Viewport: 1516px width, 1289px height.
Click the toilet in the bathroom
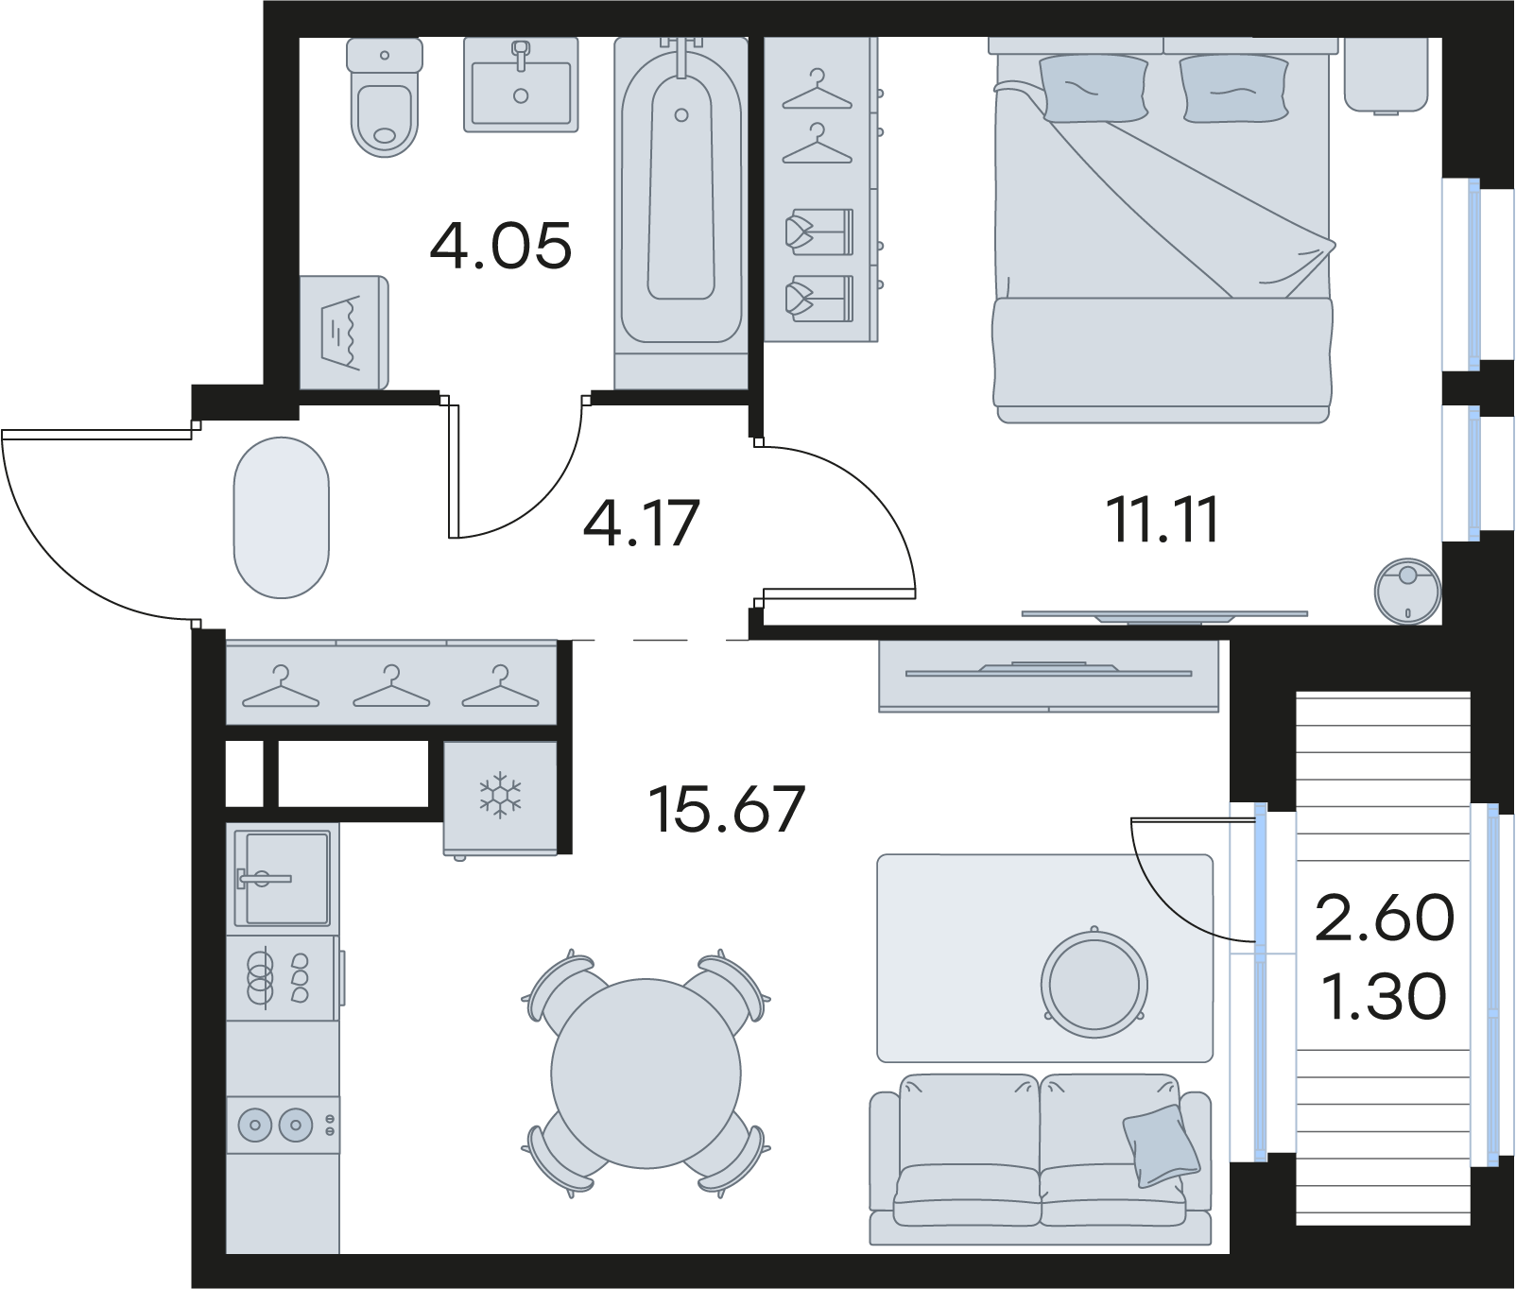click(384, 97)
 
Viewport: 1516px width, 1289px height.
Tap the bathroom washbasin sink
click(521, 84)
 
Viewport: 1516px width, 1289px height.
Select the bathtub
click(680, 189)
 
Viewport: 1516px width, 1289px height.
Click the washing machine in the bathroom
click(344, 332)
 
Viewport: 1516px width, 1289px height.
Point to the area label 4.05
click(501, 246)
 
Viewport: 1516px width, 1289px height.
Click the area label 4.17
click(641, 524)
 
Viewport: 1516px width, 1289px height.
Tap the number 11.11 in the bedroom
click(1163, 519)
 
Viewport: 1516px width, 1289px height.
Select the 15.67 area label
click(727, 809)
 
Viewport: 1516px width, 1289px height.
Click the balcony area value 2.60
click(1385, 918)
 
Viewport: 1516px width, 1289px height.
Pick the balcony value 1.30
click(1384, 996)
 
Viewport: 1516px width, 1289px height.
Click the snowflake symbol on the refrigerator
click(500, 796)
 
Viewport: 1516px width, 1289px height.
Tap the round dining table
click(646, 1074)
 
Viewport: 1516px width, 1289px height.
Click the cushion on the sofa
click(1161, 1145)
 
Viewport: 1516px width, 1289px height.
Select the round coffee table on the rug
click(1094, 983)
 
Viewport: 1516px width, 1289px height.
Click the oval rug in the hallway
click(282, 517)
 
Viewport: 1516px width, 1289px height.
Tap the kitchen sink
click(283, 879)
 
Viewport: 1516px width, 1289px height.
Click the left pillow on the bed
click(1094, 87)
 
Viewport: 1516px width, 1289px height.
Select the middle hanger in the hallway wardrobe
click(391, 686)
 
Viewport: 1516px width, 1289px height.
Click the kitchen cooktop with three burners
click(283, 978)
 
